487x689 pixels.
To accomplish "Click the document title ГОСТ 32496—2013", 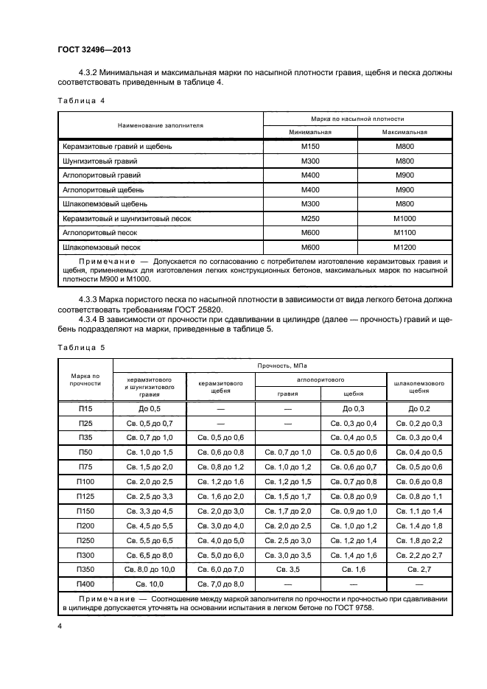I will click(89, 50).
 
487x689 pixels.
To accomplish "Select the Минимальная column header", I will click(310, 133).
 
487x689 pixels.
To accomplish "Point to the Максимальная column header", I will click(404, 133).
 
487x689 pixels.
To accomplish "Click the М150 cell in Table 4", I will click(310, 147).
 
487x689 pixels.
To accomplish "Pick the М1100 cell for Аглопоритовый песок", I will click(404, 232).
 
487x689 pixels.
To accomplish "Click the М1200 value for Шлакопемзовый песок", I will click(404, 247).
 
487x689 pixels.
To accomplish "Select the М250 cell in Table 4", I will click(310, 218).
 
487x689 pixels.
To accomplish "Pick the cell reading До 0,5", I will click(149, 408).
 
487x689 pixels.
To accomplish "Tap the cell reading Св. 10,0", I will click(149, 584).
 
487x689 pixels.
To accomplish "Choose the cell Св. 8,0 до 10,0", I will click(149, 569).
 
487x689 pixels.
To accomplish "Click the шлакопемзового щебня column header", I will click(418, 387).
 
